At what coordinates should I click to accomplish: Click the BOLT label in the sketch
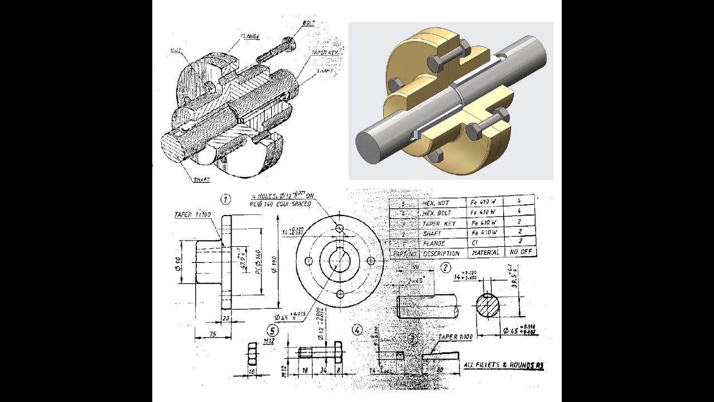308,23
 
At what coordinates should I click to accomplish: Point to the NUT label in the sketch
175,50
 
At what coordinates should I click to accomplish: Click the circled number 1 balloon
225,199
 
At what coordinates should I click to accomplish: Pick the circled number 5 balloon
272,331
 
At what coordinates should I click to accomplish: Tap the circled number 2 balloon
445,267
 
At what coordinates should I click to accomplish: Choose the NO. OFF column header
520,252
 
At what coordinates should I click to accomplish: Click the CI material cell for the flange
475,243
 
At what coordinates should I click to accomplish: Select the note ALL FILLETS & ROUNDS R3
503,365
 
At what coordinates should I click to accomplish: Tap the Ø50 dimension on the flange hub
177,262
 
